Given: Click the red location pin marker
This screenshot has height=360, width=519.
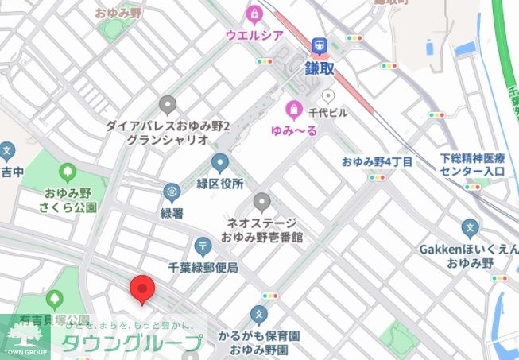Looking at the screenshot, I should (x=141, y=288).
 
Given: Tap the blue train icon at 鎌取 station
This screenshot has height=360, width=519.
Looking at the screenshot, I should (x=323, y=46).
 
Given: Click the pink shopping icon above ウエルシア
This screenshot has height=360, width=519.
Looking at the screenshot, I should (x=254, y=14).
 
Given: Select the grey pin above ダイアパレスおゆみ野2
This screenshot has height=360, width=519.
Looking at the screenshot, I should (x=167, y=104).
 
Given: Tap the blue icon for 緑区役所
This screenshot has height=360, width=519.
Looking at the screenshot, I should (x=220, y=164).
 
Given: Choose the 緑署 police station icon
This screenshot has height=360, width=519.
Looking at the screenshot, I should (x=172, y=192).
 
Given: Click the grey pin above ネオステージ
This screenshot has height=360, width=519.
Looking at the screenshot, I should (x=261, y=201).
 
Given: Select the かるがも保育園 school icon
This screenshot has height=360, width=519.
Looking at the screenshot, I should (x=258, y=315).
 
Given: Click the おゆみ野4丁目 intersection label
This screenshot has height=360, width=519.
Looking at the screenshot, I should (x=378, y=161).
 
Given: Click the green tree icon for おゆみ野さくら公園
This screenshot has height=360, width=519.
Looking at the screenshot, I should (x=68, y=172).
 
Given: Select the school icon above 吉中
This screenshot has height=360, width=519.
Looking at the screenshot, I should (x=7, y=150).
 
